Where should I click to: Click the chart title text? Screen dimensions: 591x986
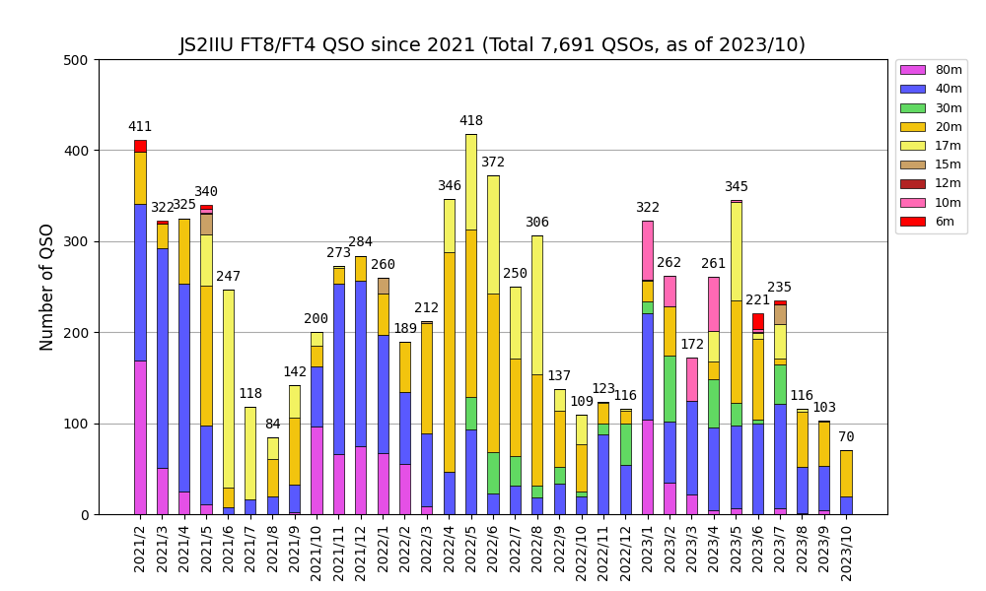[x=492, y=45]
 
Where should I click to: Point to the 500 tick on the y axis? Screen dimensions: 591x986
[x=78, y=60]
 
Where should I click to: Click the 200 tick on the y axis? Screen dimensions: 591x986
[x=78, y=333]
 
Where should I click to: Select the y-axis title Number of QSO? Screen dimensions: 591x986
[x=47, y=287]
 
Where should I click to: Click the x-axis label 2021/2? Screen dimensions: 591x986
[x=141, y=546]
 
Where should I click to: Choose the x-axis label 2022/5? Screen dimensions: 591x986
[x=471, y=546]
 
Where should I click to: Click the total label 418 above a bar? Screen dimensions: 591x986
[x=471, y=121]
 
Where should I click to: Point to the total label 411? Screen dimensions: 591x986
[x=140, y=127]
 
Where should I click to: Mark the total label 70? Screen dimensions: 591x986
[x=846, y=437]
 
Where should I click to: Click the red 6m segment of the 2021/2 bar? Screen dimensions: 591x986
[x=140, y=146]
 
